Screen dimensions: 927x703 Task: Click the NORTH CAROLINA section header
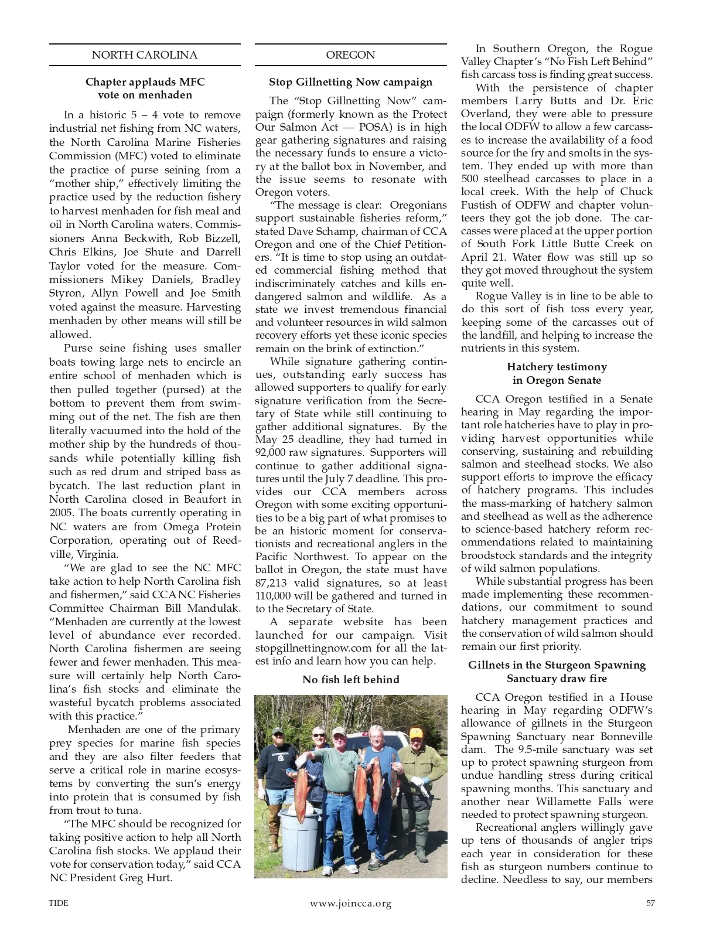(x=145, y=55)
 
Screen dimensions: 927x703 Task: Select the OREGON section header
(x=350, y=55)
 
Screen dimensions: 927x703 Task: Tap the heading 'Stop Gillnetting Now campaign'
(x=350, y=82)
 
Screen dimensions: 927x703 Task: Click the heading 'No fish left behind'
(x=350, y=680)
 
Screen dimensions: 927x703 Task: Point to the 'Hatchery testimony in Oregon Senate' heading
(x=557, y=373)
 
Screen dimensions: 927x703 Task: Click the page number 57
(x=650, y=903)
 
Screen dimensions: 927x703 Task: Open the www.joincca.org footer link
(x=350, y=903)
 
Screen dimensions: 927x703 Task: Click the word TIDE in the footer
(x=59, y=903)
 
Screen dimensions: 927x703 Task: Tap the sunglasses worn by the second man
(x=318, y=735)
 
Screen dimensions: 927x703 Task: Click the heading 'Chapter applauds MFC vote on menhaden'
(x=145, y=88)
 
